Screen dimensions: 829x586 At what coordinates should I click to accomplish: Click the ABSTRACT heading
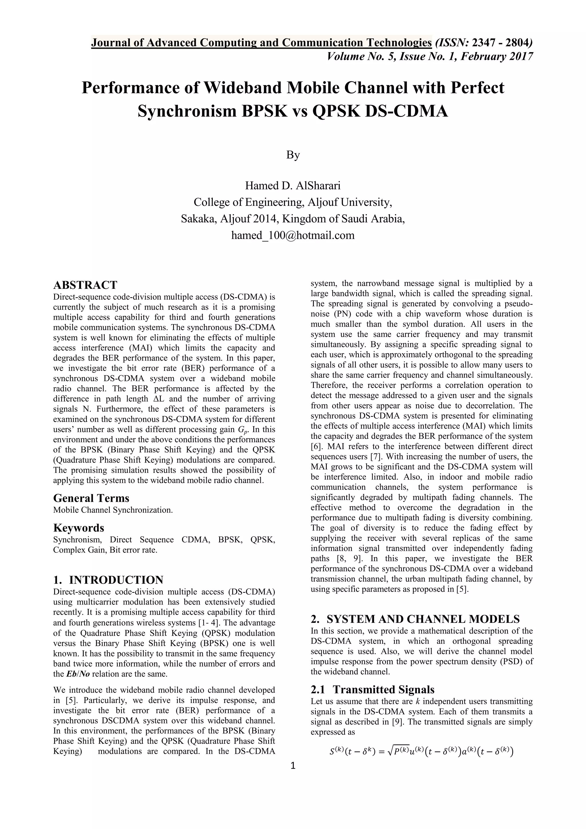(85, 285)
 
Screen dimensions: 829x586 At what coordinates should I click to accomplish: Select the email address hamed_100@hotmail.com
(293, 235)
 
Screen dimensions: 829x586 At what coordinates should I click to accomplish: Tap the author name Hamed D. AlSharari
(293, 185)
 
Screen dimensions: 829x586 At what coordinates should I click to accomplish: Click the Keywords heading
(78, 528)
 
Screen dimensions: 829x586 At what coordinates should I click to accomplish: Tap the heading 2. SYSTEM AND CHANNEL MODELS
(415, 619)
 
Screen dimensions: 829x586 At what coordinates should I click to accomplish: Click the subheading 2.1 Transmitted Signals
(372, 689)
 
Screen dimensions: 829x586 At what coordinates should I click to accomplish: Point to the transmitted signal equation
(421, 752)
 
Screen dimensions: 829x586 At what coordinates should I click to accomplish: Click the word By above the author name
(293, 155)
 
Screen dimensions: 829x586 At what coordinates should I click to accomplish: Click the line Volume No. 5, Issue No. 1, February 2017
(429, 57)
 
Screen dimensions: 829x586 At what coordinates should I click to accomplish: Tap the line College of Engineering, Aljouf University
(293, 202)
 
